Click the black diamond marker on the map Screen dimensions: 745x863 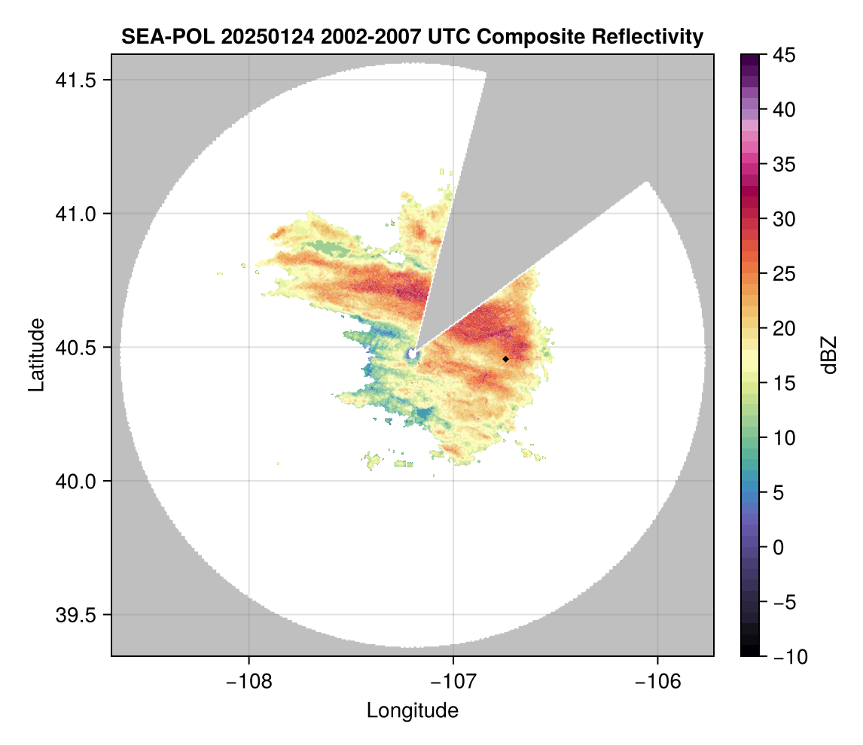pyautogui.click(x=505, y=359)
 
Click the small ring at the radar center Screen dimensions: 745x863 pyautogui.click(x=413, y=354)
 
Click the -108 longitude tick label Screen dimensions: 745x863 pyautogui.click(x=248, y=682)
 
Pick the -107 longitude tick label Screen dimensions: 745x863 pyautogui.click(x=453, y=682)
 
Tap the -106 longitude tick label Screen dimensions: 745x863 pyautogui.click(x=658, y=682)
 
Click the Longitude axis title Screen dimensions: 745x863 pyautogui.click(x=413, y=710)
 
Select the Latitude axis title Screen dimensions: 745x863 pyautogui.click(x=36, y=354)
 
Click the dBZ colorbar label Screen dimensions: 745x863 pyautogui.click(x=829, y=355)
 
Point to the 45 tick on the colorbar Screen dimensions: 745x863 pyautogui.click(x=785, y=55)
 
